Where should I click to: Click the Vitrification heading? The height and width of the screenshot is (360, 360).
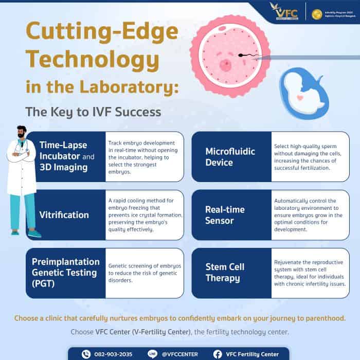[x=64, y=215]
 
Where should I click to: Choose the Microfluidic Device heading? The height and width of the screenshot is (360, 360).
[x=226, y=157]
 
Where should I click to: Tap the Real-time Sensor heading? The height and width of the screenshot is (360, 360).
[x=225, y=215]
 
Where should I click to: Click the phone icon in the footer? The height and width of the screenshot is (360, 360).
[x=86, y=354]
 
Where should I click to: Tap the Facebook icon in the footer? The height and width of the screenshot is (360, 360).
[x=218, y=354]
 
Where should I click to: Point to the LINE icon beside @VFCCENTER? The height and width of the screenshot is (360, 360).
[x=152, y=354]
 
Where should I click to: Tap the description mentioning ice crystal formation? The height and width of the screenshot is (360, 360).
[x=144, y=215]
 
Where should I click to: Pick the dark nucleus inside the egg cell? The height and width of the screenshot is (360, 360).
[x=225, y=64]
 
